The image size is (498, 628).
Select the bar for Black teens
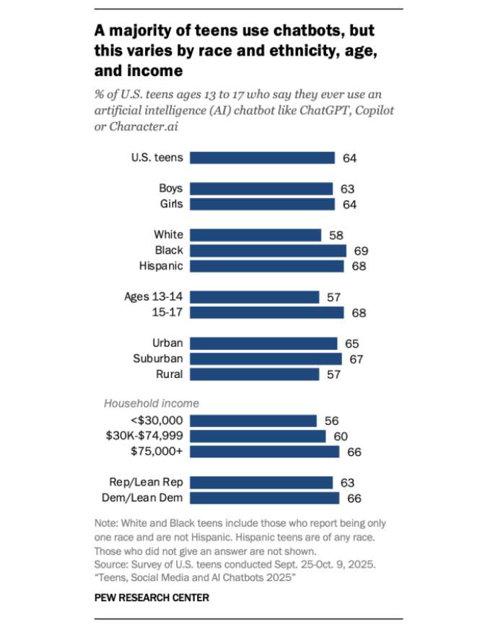point(268,250)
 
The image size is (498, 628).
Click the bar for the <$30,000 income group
point(253,421)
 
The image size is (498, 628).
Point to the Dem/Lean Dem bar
point(265,498)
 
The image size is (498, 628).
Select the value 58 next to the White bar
point(336,235)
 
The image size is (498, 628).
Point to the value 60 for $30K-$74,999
point(340,436)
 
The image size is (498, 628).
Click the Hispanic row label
point(161,266)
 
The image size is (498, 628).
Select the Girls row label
point(171,204)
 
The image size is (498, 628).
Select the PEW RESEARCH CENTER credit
point(151,597)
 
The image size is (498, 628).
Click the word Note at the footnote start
point(105,523)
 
